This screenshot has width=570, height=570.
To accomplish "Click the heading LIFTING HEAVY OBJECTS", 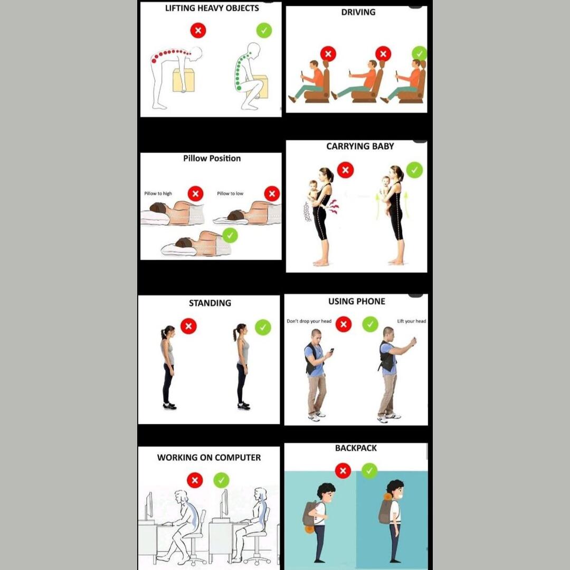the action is coord(212,8).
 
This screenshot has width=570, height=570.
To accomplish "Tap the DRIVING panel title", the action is coord(358,12).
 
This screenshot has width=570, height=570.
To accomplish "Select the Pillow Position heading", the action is coord(212,158).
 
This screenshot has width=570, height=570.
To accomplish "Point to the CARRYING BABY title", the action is coord(360,146).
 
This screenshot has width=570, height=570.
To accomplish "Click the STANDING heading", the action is coord(210,303).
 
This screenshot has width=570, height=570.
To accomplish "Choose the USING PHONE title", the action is coord(357,301).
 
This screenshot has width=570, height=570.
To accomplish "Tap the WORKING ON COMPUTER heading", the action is coord(209,457).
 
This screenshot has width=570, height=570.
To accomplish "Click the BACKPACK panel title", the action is coord(356,448).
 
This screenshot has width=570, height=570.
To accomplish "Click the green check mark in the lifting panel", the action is coord(264,30).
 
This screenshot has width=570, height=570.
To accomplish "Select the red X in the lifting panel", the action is coord(198,30).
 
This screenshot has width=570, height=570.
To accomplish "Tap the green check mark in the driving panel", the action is coord(420,54).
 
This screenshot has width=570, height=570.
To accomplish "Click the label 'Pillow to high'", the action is coord(158,193).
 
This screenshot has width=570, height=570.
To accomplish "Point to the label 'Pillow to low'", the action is coord(230,193).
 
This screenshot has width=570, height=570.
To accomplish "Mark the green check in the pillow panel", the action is coord(230,235).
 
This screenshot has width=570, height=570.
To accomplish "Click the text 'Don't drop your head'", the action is coord(309,321).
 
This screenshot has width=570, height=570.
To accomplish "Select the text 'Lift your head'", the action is coord(412,321).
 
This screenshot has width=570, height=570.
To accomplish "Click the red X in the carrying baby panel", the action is coord(345,170).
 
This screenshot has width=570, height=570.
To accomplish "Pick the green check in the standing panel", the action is coord(263,327).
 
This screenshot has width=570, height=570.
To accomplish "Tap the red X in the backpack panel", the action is coord(343,471).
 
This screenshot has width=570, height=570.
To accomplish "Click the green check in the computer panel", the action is coord(221,480).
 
